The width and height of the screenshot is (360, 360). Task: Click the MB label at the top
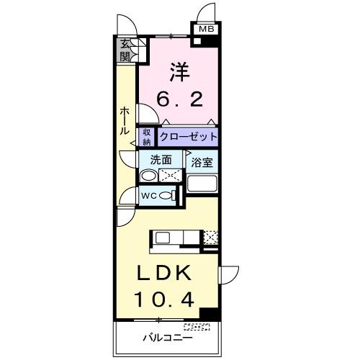[x=206, y=30]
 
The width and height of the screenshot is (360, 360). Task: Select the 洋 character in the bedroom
[x=180, y=71]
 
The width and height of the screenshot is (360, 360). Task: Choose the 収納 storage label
[x=147, y=136]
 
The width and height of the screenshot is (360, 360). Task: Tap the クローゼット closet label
[x=187, y=136]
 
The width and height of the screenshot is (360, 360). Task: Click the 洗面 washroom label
[x=161, y=160]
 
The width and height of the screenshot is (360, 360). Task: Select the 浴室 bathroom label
[x=202, y=162]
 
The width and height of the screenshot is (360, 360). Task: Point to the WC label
[x=149, y=196]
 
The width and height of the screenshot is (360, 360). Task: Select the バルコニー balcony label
[x=166, y=337]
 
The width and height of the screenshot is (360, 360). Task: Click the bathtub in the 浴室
[x=202, y=183]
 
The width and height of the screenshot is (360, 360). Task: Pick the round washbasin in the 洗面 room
[x=148, y=176]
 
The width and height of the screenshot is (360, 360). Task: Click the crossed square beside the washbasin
[x=171, y=175]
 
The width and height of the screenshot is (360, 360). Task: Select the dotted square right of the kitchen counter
[x=210, y=237]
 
